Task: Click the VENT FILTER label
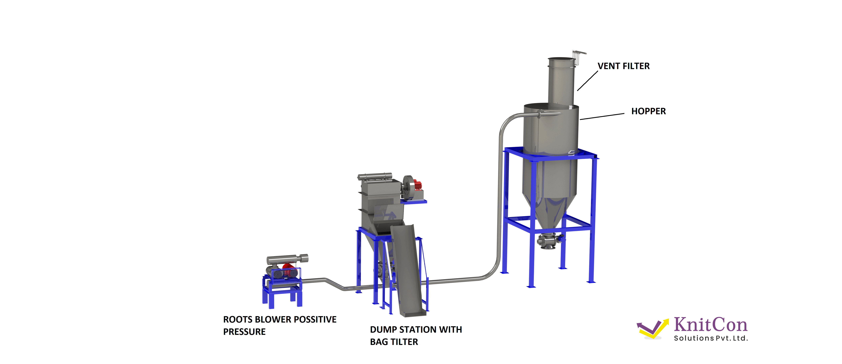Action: click(623, 66)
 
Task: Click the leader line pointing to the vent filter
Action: click(587, 81)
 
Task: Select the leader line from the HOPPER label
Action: click(602, 116)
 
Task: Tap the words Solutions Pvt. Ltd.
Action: click(711, 338)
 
